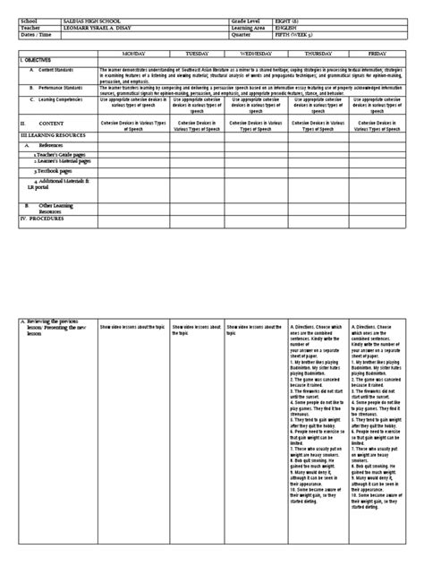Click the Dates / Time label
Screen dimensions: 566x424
click(37, 35)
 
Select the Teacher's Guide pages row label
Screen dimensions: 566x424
click(63, 154)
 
